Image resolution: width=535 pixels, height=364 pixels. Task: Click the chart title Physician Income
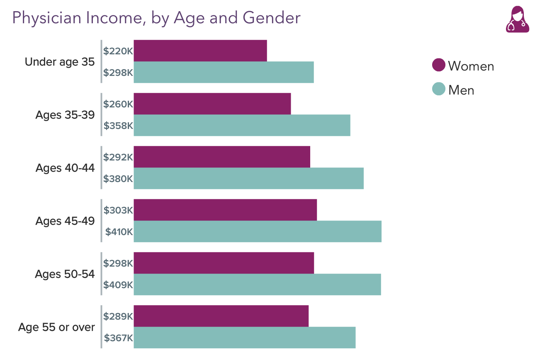156,18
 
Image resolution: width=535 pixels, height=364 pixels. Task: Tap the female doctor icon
517,19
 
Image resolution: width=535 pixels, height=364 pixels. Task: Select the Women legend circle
438,65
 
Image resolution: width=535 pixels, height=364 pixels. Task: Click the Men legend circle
438,89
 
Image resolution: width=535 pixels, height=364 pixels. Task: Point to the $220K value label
118,51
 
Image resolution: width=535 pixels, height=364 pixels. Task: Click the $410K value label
119,232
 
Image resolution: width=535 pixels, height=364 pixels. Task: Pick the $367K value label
118,338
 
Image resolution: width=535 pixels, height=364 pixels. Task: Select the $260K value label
118,104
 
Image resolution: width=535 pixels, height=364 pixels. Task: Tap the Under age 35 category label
60,62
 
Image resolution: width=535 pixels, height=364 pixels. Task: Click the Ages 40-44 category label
65,168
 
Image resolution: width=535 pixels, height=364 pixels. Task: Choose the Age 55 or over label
57,328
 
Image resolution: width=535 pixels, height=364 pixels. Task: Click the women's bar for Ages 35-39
212,104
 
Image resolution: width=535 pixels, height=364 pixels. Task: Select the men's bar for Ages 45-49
257,231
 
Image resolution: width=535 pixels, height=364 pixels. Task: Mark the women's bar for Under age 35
200,51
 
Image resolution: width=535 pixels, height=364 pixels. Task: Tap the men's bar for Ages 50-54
257,284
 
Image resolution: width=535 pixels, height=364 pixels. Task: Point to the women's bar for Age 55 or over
221,316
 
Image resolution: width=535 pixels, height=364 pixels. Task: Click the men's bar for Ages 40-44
248,178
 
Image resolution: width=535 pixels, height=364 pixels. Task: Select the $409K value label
118,285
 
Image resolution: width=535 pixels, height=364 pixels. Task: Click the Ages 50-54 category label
65,274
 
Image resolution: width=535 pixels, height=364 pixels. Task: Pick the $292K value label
118,157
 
